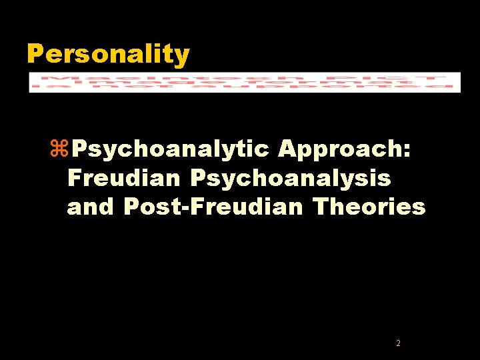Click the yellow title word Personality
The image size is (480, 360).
[x=108, y=54]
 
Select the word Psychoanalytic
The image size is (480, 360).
[x=171, y=150]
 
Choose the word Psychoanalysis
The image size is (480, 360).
[x=291, y=179]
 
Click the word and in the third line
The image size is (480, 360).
[x=91, y=207]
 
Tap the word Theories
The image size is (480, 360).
[x=369, y=207]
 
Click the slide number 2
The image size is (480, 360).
[x=398, y=343]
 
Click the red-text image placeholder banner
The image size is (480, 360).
[x=244, y=82]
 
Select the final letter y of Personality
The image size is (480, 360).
[x=183, y=56]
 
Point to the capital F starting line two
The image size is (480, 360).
[x=73, y=179]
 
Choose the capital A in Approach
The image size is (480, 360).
[x=288, y=150]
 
